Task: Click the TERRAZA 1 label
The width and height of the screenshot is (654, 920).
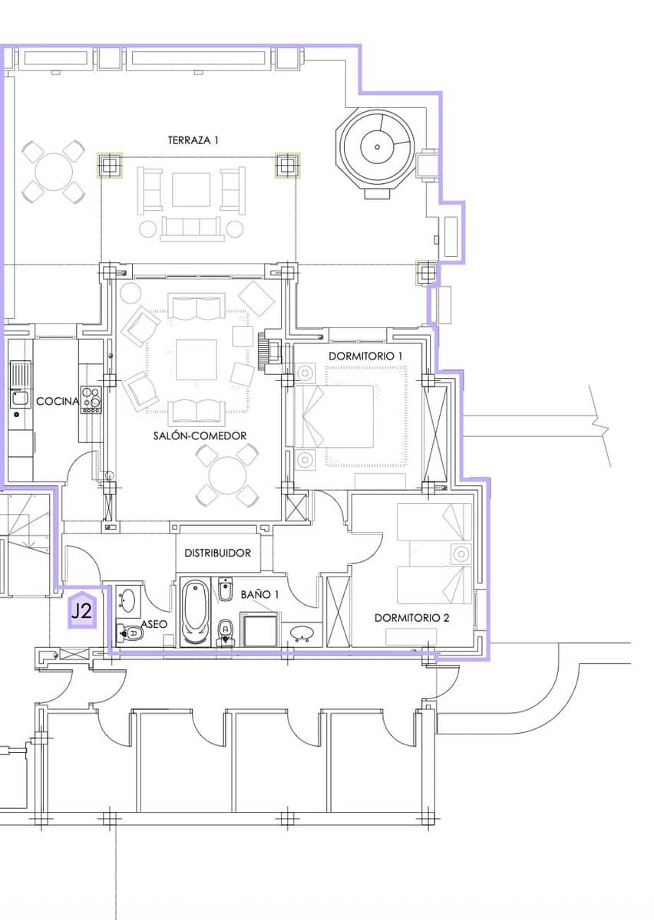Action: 193,140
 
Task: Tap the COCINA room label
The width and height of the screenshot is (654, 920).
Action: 58,401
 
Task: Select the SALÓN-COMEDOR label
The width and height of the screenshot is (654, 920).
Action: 200,435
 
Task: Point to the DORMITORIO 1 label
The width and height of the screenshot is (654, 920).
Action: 365,356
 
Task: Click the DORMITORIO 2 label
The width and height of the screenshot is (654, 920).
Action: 411,618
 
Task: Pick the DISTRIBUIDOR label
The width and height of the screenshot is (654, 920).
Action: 217,553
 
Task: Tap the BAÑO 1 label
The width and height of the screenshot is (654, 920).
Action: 259,594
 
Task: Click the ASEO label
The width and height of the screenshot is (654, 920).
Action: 154,624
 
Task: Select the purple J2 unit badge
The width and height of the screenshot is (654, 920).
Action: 82,610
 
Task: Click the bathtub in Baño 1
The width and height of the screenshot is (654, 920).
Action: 196,613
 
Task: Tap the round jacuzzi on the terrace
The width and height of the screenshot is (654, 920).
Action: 377,147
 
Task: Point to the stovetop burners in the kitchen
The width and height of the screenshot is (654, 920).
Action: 91,399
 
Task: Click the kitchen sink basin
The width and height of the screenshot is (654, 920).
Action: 20,398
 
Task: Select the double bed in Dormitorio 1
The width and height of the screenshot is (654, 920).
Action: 334,416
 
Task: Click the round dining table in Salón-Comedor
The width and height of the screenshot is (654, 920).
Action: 227,476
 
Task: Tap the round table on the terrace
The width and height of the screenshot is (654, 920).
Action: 54,172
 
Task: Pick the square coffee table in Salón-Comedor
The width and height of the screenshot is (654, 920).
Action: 197,360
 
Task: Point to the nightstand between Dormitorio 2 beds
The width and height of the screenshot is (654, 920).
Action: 461,554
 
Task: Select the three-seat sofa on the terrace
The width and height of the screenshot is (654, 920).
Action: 193,228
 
